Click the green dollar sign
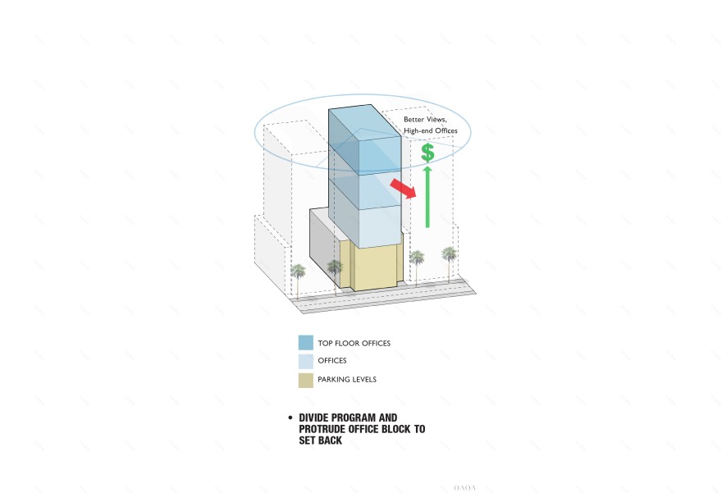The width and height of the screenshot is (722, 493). [x=427, y=152]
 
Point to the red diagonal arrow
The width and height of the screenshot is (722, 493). [x=402, y=189]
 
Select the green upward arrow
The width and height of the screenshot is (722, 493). [x=427, y=197]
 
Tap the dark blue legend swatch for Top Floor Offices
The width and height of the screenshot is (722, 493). [x=305, y=343]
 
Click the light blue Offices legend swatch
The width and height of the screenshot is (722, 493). [x=305, y=361]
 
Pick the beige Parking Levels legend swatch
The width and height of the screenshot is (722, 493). [x=305, y=380]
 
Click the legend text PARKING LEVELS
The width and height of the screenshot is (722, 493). [x=347, y=380]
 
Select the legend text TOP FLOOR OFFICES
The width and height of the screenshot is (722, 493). [x=354, y=343]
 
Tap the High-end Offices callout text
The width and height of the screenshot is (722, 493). [x=430, y=131]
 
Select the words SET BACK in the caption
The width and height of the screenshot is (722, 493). [x=320, y=441]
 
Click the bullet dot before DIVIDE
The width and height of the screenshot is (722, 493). [x=290, y=418]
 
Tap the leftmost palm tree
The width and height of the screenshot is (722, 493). [x=298, y=273]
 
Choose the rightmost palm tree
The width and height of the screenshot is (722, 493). [x=450, y=255]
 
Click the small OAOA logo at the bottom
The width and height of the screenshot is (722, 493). [x=465, y=487]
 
